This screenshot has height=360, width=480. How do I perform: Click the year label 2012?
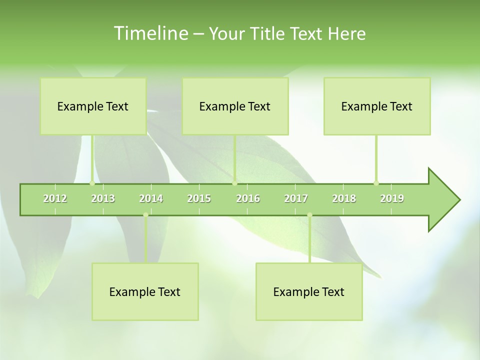[x=55, y=198]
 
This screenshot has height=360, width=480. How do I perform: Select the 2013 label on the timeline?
[x=103, y=198]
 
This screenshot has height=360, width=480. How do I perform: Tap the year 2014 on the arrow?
[x=151, y=198]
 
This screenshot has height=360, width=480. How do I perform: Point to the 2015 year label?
[x=199, y=198]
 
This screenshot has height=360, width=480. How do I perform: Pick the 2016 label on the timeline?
[x=248, y=198]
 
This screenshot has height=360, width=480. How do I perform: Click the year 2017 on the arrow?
[x=296, y=198]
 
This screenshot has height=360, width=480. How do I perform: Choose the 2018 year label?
[x=344, y=198]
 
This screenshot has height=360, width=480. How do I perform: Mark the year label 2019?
[x=392, y=198]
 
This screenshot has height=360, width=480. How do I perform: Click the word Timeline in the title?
[x=150, y=33]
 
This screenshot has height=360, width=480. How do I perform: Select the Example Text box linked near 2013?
[x=93, y=106]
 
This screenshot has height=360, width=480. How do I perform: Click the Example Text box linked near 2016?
[x=235, y=106]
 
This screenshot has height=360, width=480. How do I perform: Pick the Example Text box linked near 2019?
[x=377, y=106]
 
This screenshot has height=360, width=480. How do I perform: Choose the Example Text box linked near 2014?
[x=145, y=291]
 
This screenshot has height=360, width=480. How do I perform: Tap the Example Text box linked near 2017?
[x=309, y=291]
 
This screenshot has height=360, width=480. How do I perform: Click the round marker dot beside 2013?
[x=92, y=183]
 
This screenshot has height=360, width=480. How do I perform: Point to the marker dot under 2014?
[x=145, y=215]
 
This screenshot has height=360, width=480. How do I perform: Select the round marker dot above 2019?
[x=376, y=183]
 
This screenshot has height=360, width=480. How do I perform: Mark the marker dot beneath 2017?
[x=309, y=215]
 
